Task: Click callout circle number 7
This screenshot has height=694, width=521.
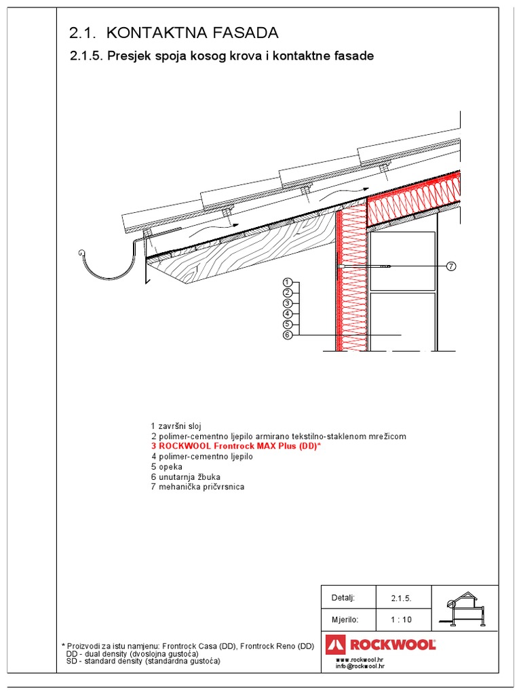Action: coord(450,267)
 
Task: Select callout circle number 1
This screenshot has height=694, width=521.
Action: coord(288,282)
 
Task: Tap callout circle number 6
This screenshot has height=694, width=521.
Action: coord(288,335)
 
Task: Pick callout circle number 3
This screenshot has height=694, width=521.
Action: coord(288,303)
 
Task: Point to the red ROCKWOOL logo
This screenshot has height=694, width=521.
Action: coord(381,644)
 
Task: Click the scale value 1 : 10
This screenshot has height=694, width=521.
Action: coord(401,619)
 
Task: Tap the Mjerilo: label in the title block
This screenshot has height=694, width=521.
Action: coord(344,619)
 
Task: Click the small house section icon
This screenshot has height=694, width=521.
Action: coord(463,609)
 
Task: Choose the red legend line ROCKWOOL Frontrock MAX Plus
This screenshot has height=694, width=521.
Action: coord(235,447)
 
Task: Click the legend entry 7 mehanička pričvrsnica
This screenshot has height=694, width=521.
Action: coord(197,487)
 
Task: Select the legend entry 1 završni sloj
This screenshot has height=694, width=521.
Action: coord(176,426)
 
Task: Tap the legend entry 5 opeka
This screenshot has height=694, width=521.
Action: coord(166,467)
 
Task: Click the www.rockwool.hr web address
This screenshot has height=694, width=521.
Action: coord(360,659)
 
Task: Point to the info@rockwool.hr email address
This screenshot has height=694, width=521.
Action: coord(360,666)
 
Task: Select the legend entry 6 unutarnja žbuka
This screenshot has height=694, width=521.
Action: coord(185,477)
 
